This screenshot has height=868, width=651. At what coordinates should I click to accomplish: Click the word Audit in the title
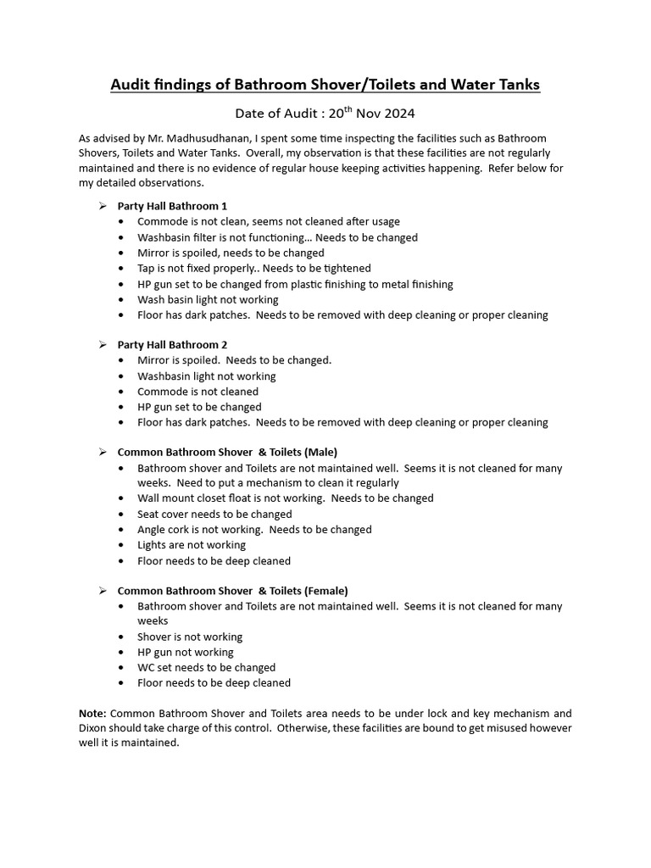tap(132, 85)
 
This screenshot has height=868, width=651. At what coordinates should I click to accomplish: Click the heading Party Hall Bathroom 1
tap(172, 206)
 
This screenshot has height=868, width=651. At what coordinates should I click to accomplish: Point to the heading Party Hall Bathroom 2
tap(172, 345)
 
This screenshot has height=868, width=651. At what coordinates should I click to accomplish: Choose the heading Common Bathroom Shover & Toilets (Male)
tap(227, 452)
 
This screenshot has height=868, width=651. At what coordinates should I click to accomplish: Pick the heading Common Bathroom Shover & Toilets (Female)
tap(232, 590)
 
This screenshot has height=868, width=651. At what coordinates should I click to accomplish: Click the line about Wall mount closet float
tap(285, 498)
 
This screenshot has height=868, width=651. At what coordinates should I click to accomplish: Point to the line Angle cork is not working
tap(254, 529)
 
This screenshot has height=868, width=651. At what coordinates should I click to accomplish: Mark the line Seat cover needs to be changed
tap(214, 514)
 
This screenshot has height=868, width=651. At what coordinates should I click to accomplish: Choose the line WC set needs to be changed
tap(206, 667)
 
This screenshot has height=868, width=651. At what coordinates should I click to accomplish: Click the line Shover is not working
tap(190, 637)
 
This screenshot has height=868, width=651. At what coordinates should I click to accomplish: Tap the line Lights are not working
tap(192, 545)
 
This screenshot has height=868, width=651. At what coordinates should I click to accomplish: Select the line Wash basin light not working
tap(208, 299)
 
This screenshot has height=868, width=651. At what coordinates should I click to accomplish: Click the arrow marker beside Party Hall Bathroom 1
tap(102, 206)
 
